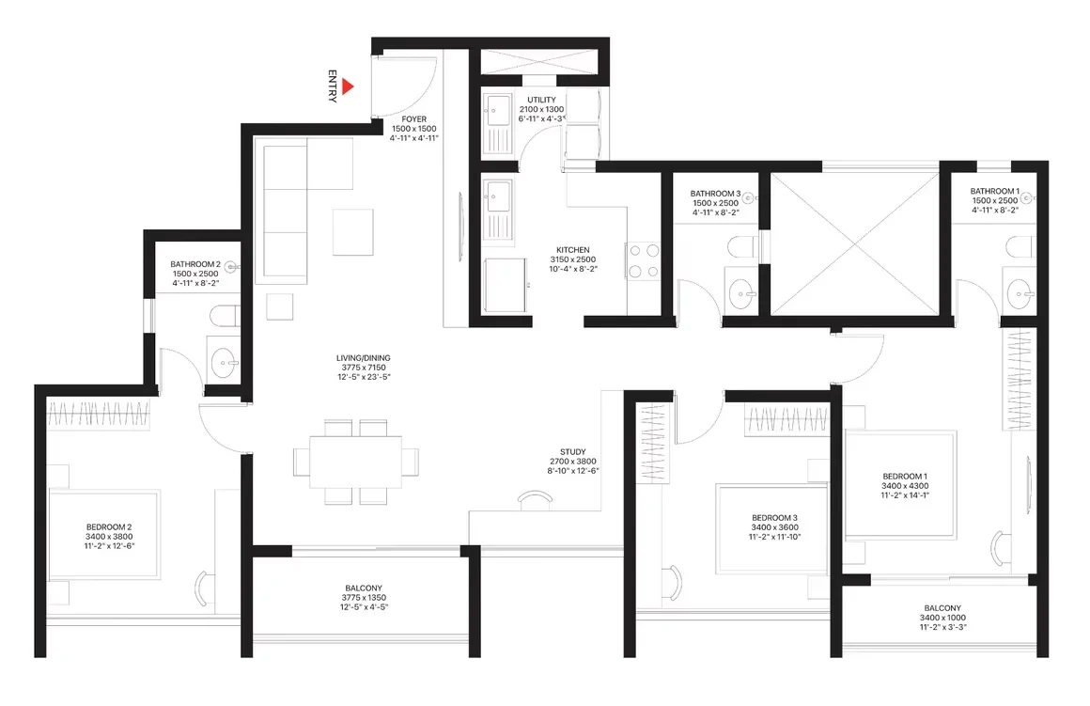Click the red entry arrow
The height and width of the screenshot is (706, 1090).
(348, 86)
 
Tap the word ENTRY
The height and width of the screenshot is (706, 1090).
(333, 86)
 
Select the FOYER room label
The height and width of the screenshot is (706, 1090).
(414, 119)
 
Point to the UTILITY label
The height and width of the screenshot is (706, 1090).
(541, 101)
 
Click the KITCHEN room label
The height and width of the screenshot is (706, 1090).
(573, 250)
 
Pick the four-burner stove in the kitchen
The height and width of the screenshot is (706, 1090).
(644, 260)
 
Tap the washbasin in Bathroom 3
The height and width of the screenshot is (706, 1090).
(741, 294)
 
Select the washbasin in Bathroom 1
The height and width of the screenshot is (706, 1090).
(1020, 294)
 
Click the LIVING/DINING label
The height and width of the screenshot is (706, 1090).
(364, 358)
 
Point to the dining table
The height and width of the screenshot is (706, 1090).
(356, 462)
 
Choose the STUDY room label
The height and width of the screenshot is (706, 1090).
(573, 452)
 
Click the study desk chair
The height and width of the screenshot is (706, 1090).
(536, 499)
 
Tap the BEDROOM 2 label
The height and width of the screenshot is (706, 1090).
(109, 527)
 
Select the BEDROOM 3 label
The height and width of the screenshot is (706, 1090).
(774, 518)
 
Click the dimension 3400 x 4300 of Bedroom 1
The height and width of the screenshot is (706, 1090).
(905, 486)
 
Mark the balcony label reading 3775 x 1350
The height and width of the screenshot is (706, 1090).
(364, 598)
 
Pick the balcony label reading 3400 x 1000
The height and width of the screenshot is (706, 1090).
(942, 618)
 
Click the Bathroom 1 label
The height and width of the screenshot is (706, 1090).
(995, 191)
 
